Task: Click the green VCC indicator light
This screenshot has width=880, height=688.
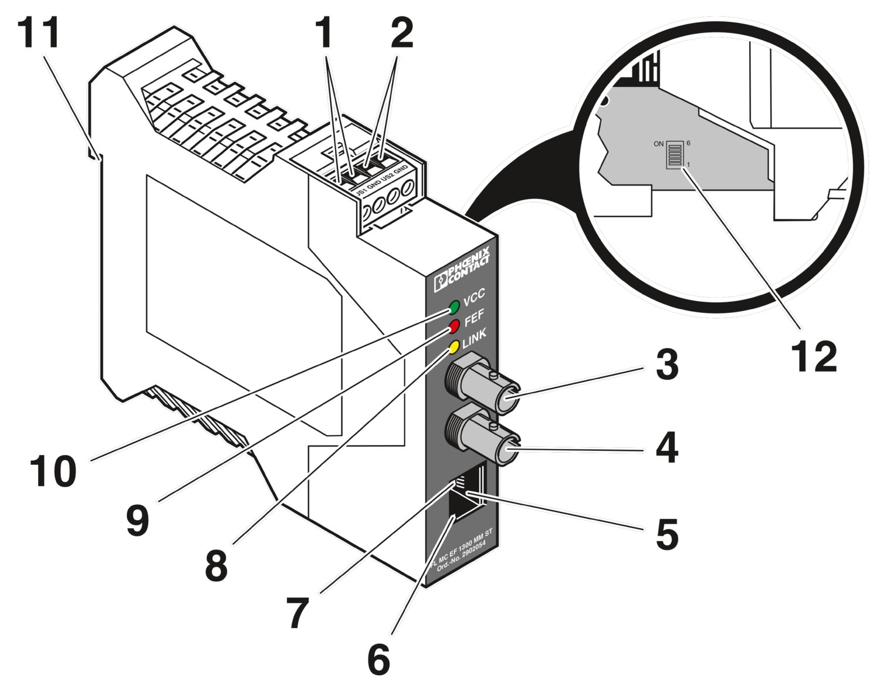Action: point(454,306)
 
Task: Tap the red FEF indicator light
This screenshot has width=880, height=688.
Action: point(454,326)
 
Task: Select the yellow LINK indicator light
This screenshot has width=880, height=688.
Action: point(453,346)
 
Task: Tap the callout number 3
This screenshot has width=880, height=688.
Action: point(667,365)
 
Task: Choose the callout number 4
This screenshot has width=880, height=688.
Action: point(667,449)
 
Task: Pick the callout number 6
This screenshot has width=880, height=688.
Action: point(378,659)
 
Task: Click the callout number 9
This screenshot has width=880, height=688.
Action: point(138,520)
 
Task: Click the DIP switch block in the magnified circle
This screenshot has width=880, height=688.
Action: point(674,155)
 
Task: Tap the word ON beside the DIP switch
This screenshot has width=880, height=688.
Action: point(659,144)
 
